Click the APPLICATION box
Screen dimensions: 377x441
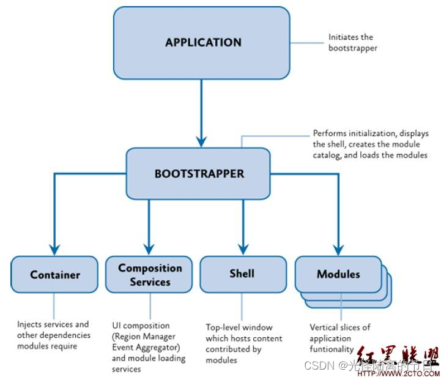pyautogui.click(x=203, y=43)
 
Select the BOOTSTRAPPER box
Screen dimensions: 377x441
pyautogui.click(x=199, y=173)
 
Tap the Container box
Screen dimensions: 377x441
pyautogui.click(x=55, y=275)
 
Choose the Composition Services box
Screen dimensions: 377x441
pyautogui.click(x=150, y=275)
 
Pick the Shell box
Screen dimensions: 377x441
pyautogui.click(x=242, y=274)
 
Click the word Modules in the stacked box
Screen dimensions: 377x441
pyautogui.click(x=338, y=274)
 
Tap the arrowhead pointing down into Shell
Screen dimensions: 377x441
pyautogui.click(x=242, y=248)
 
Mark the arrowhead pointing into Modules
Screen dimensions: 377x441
pyautogui.click(x=338, y=248)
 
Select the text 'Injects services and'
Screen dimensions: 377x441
pyautogui.click(x=53, y=324)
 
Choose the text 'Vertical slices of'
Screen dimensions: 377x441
pyautogui.click(x=339, y=327)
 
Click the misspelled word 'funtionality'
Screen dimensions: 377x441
pyautogui.click(x=331, y=349)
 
